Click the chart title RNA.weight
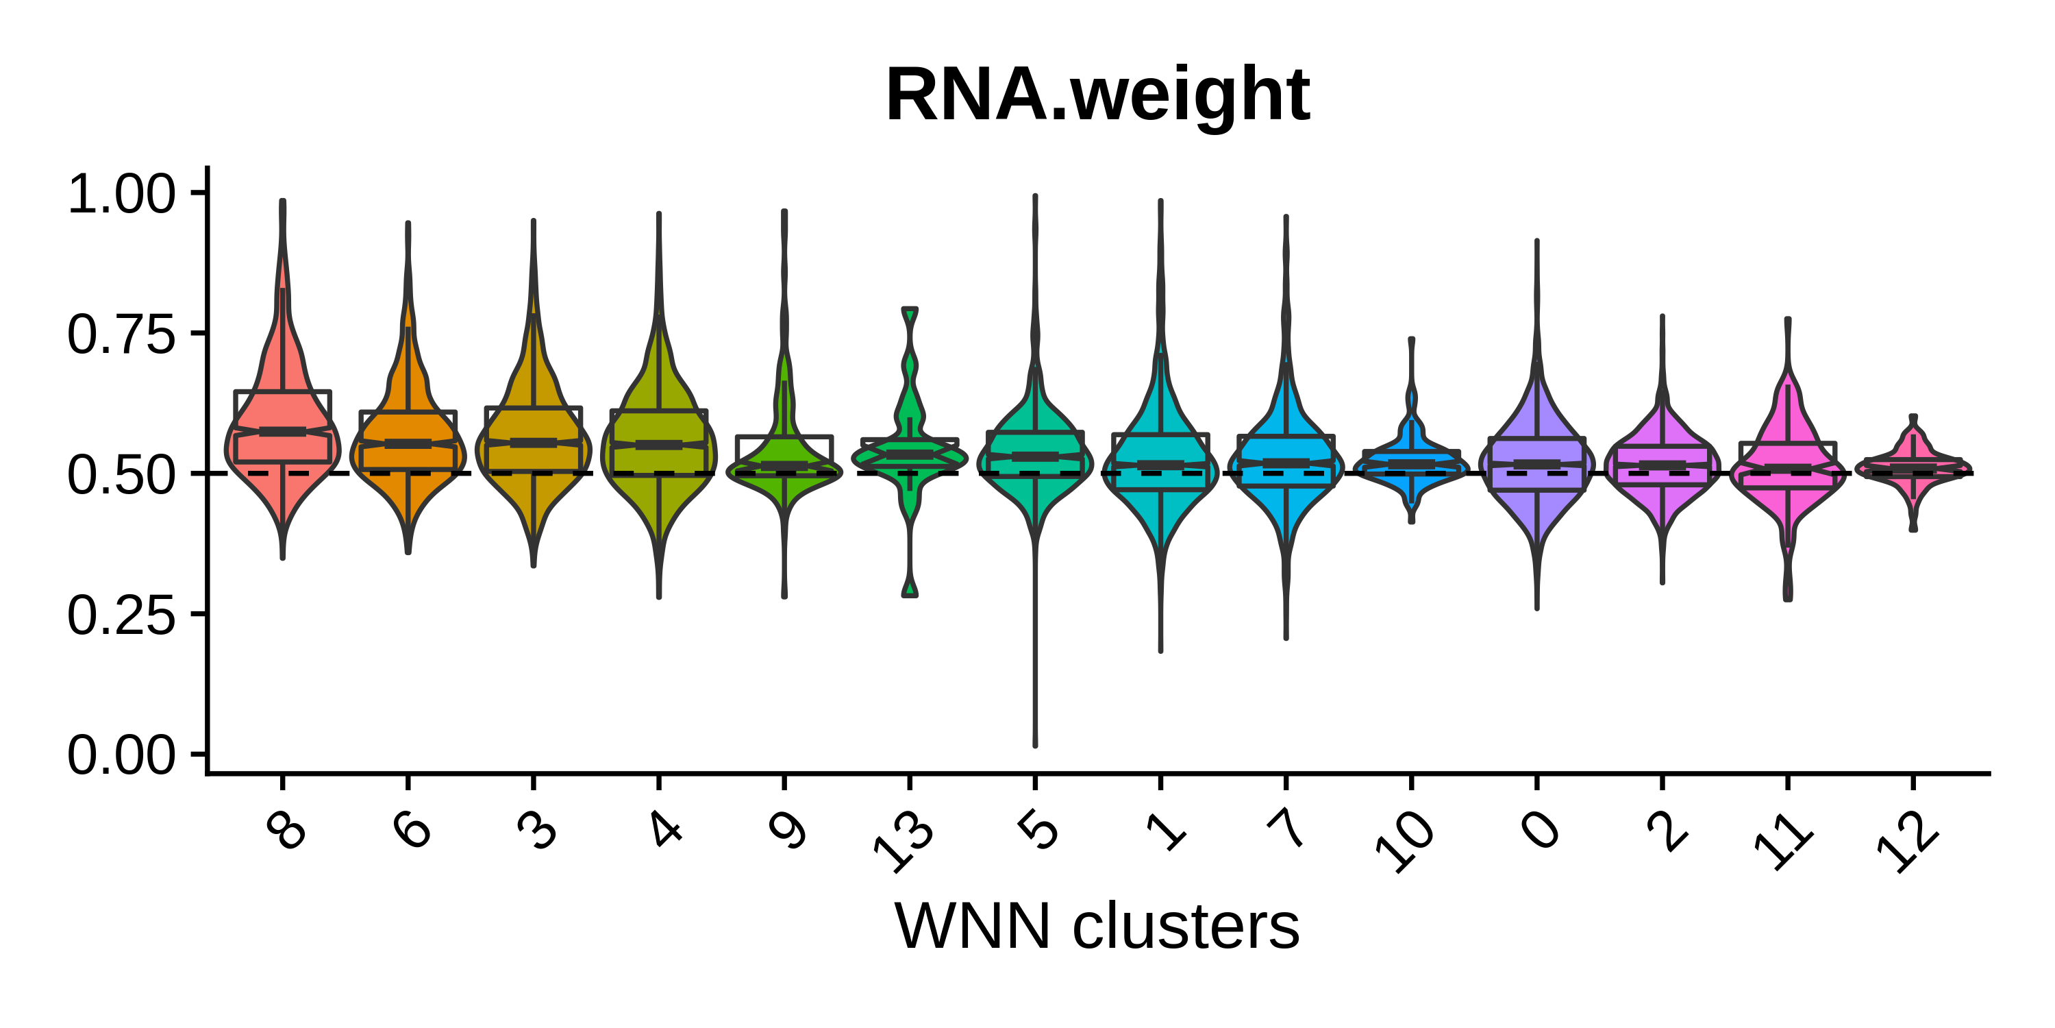(1097, 96)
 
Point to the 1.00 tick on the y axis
(121, 194)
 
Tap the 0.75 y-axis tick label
(121, 334)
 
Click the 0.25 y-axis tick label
(121, 615)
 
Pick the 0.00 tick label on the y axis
(121, 755)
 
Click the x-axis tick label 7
(1286, 829)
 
